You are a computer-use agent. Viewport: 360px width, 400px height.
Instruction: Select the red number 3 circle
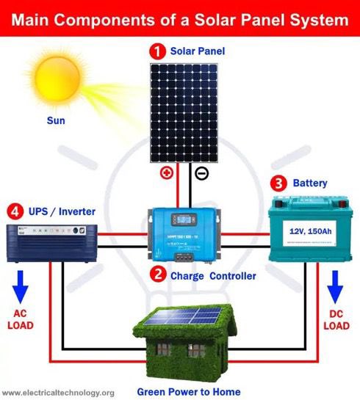[278, 183]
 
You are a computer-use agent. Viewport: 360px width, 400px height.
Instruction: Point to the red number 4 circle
[15, 212]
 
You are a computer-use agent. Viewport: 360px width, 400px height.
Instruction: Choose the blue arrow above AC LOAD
[21, 285]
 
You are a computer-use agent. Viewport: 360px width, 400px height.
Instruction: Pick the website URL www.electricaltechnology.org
[59, 393]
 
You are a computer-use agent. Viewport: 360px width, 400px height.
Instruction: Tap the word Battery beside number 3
[311, 183]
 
